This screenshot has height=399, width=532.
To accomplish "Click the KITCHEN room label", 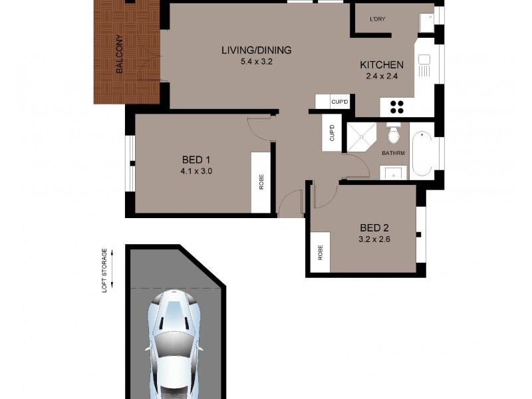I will tap(381, 65).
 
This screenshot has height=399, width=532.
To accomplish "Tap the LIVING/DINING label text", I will tap(257, 51).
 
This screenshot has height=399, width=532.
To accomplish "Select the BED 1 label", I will tap(196, 160).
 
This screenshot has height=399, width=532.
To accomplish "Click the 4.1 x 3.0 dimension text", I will tap(196, 171).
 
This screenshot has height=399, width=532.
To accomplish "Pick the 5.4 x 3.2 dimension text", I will tap(257, 62).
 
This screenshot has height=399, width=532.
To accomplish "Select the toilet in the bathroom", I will tap(394, 135).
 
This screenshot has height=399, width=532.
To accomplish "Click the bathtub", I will tap(422, 154).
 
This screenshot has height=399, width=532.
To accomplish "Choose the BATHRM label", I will tap(394, 154).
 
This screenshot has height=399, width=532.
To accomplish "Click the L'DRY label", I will tap(378, 19).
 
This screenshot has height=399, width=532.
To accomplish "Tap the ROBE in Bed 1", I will tap(261, 182).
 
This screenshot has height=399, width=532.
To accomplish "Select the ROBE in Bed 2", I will tap(320, 253).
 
